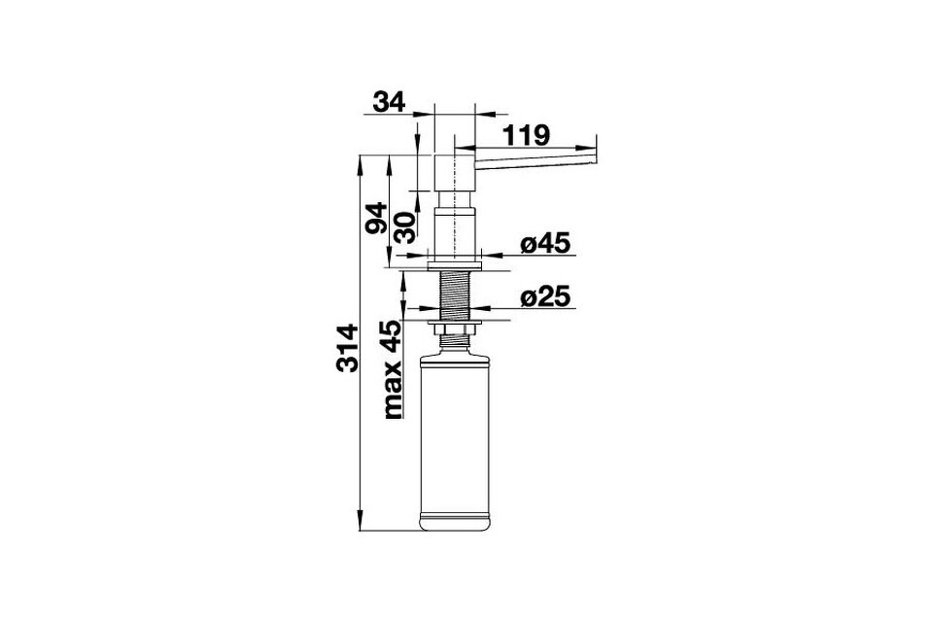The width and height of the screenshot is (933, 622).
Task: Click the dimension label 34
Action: coord(389,102)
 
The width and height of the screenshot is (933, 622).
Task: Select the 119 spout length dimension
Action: coord(526,136)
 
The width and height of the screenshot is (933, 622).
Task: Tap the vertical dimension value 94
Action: coord(377,218)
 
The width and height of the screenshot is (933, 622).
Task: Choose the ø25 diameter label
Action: coord(545,296)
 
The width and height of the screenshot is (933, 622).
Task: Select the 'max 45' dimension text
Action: coord(393,369)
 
